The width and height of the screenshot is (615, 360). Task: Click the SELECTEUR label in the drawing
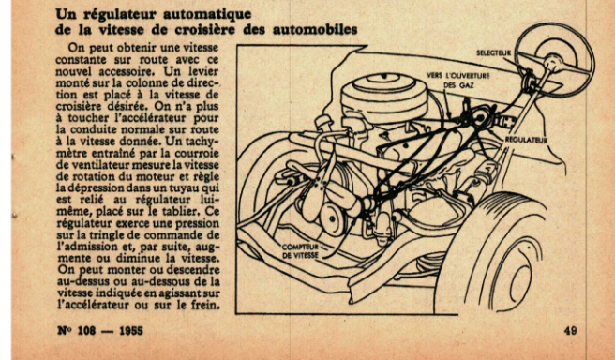pos(494,52)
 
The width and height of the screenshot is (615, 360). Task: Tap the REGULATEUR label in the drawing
pos(526,140)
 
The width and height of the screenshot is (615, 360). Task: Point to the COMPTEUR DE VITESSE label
pos(300,251)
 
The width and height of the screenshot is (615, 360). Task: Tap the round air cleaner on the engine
pos(384,96)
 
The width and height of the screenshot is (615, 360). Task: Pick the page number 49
pos(570,331)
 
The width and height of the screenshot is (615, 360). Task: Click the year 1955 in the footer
pos(131,331)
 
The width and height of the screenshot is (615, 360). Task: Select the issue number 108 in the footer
pos(86,331)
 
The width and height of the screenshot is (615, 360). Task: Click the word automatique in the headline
pos(207,15)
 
